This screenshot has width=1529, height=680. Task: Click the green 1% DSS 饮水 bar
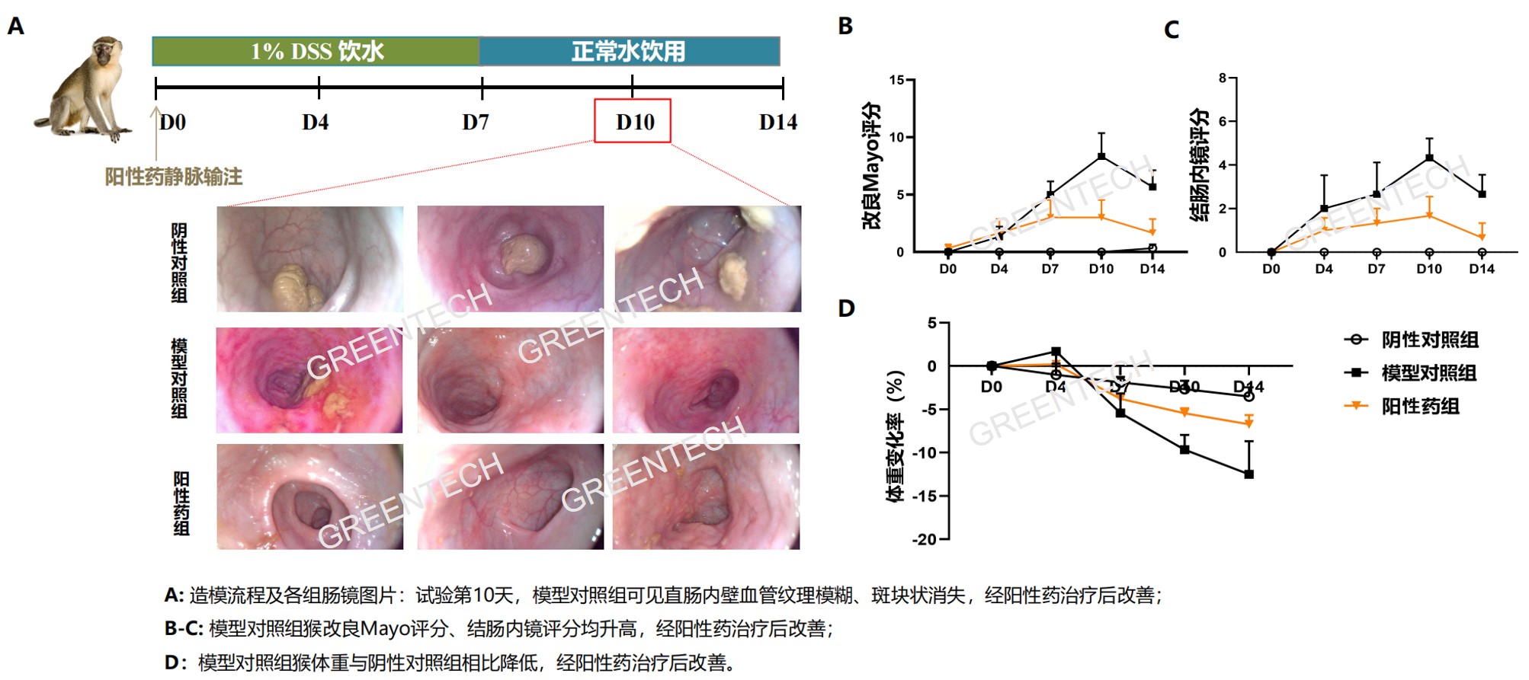[316, 51]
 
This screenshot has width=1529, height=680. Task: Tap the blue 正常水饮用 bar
[630, 51]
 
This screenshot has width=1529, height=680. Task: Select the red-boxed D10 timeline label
[633, 121]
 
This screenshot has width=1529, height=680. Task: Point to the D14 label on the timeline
[777, 122]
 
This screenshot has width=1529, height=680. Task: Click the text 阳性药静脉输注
[174, 177]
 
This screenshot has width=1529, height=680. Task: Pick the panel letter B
[845, 26]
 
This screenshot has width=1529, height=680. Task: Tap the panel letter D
[846, 308]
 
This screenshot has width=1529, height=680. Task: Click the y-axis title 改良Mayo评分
[870, 165]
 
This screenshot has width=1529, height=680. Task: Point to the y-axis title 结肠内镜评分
[1199, 164]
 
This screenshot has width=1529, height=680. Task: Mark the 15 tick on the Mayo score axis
[896, 80]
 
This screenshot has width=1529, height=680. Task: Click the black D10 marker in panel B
[1101, 157]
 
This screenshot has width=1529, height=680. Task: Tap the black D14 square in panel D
[1249, 474]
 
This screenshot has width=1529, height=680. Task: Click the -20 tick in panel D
[926, 539]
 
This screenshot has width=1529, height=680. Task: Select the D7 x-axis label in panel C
[1376, 269]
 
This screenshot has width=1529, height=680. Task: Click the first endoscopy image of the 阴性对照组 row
[310, 259]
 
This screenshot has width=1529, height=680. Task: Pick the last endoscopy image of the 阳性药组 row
[706, 496]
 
